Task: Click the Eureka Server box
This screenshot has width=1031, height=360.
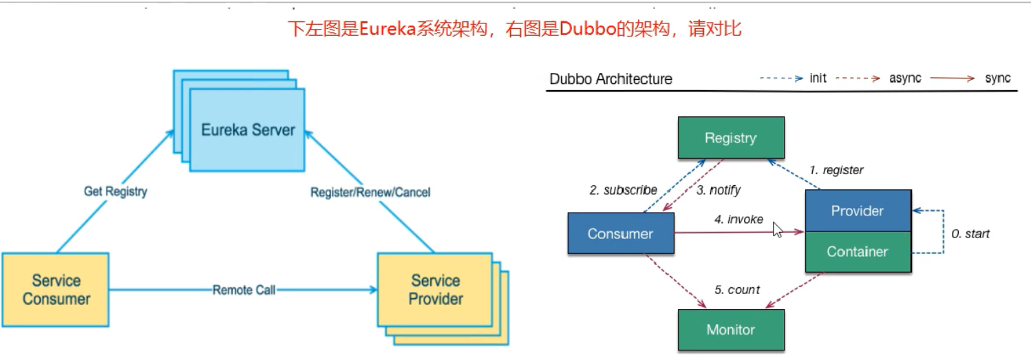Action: click(x=248, y=130)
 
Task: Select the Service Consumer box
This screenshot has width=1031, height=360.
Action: click(x=56, y=289)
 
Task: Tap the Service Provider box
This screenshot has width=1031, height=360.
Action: click(x=435, y=290)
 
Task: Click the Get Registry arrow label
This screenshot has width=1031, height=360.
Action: click(x=115, y=191)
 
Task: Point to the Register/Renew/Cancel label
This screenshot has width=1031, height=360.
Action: click(x=370, y=192)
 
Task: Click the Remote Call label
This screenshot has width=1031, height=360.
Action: click(x=244, y=290)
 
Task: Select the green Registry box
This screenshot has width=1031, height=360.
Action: click(x=731, y=138)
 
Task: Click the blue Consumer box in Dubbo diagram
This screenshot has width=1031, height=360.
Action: click(x=620, y=233)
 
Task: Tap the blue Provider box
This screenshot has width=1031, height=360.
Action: click(x=858, y=211)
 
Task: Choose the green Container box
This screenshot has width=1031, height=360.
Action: click(x=858, y=252)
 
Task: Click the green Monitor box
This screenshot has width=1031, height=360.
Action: click(x=731, y=330)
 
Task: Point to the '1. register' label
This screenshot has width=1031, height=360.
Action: click(x=836, y=170)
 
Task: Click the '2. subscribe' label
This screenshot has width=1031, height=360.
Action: click(x=623, y=190)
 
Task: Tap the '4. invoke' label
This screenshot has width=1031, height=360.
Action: click(x=738, y=220)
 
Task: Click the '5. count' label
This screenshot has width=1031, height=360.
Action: click(x=737, y=290)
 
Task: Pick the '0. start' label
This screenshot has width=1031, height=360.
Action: click(x=970, y=234)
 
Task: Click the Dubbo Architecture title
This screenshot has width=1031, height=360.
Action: click(x=610, y=79)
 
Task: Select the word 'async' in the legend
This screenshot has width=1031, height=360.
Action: click(x=905, y=78)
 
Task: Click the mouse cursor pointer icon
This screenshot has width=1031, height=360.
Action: click(x=778, y=229)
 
